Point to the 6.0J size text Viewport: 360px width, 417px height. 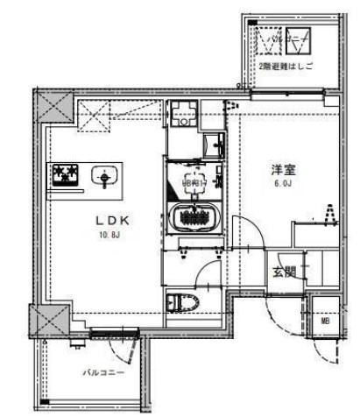(x=282, y=185)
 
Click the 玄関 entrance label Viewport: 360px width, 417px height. (x=282, y=271)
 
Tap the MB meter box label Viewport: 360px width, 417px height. (x=325, y=322)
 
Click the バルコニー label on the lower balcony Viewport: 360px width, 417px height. (x=103, y=371)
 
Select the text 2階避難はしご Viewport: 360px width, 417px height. (x=285, y=67)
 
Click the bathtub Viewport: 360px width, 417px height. (x=194, y=216)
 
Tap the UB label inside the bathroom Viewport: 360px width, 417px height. (x=194, y=181)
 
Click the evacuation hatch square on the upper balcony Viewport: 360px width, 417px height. (x=269, y=40)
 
